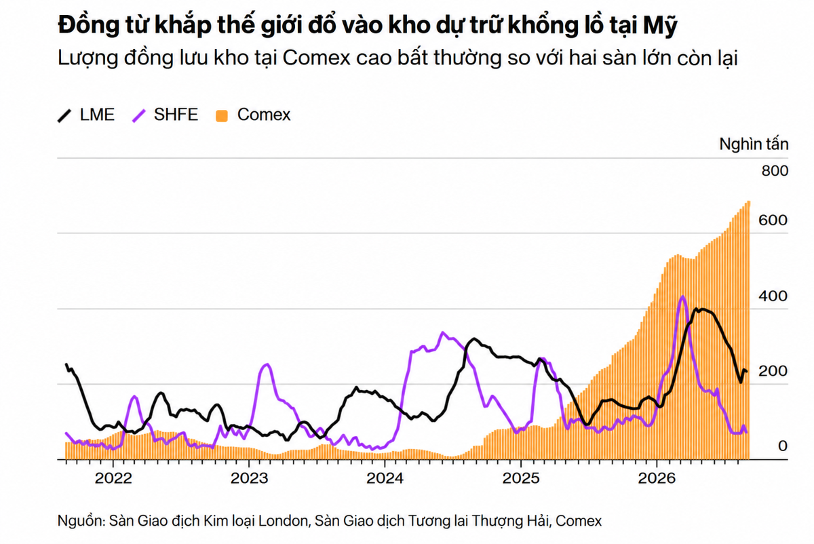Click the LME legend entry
click(x=86, y=115)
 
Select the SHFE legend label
click(x=176, y=115)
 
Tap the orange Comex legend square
click(x=222, y=116)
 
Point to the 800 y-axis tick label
click(x=775, y=171)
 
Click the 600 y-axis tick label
click(x=773, y=220)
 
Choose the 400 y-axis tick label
click(x=773, y=296)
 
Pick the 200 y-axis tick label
click(x=773, y=371)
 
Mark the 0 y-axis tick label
click(x=783, y=446)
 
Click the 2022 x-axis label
click(x=113, y=478)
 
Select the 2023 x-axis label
click(x=249, y=478)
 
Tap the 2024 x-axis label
click(x=385, y=478)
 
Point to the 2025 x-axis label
click(x=521, y=478)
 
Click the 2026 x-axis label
click(x=657, y=478)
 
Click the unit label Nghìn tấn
click(x=754, y=144)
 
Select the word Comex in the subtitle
click(x=317, y=58)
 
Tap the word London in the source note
click(x=283, y=521)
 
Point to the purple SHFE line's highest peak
click(x=683, y=296)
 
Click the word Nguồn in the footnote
click(x=81, y=521)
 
